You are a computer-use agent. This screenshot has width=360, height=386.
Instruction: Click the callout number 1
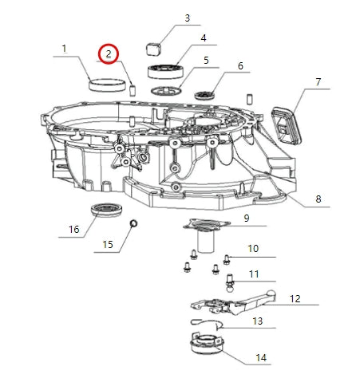click(x=64, y=49)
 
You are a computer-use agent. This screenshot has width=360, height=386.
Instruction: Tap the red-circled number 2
click(x=108, y=54)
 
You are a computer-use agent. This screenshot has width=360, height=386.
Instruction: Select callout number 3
click(x=187, y=18)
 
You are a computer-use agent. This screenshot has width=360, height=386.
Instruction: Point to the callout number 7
click(x=203, y=37)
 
